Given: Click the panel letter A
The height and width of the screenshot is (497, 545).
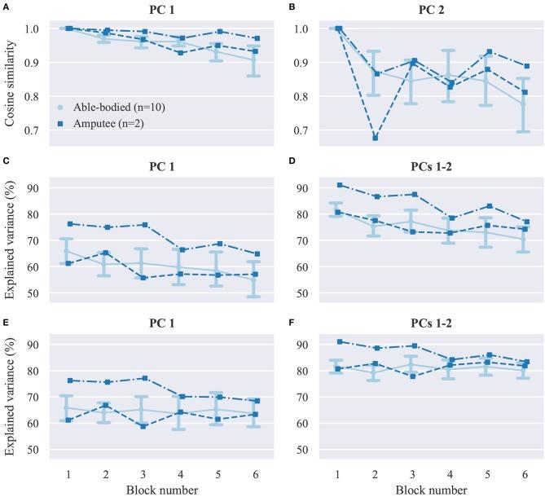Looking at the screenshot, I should click(7, 7).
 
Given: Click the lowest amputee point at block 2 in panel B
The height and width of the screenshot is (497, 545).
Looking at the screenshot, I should click(374, 138).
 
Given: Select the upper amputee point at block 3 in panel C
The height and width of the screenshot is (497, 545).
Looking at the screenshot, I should click(143, 225).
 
